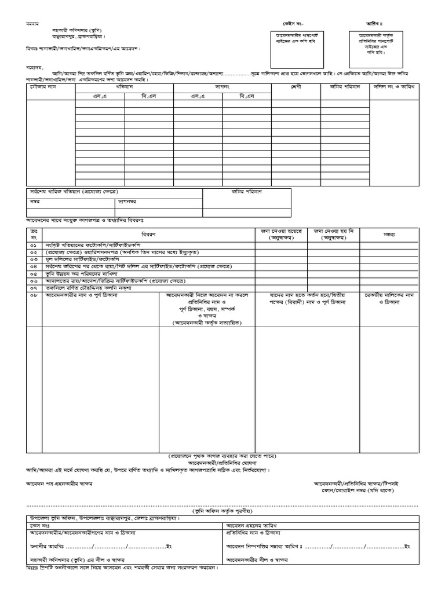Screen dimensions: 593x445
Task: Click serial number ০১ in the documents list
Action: [x=34, y=246]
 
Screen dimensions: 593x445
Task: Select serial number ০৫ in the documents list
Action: [x=34, y=273]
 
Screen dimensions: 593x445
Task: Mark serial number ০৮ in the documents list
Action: [x=34, y=295]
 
